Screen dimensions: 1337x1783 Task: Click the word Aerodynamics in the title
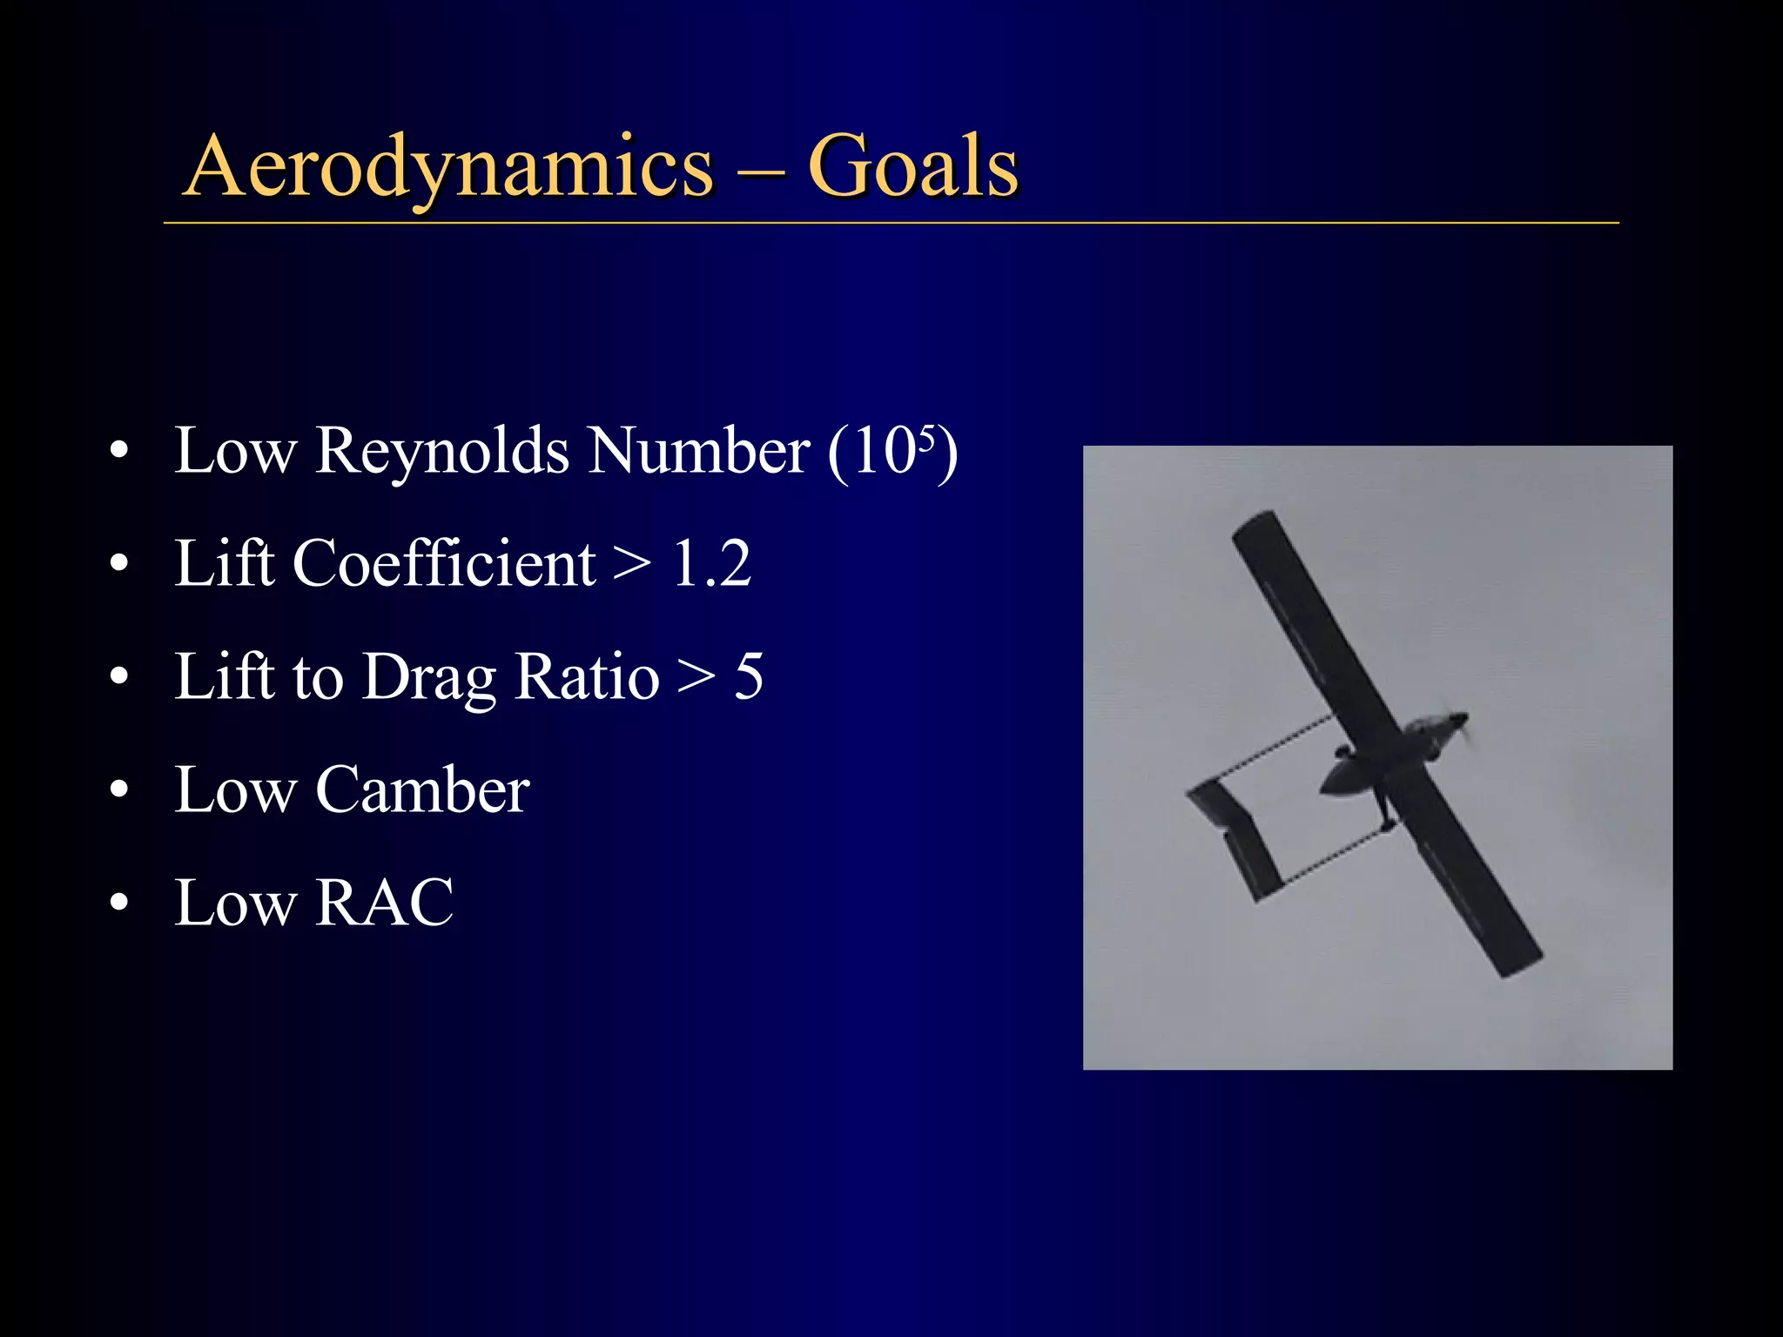(449, 167)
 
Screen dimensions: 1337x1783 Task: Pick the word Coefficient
(443, 564)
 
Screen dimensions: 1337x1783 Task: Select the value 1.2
(711, 564)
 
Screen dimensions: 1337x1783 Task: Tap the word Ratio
(588, 677)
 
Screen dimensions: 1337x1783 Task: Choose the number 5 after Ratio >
(749, 676)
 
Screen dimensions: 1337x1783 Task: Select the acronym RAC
(384, 903)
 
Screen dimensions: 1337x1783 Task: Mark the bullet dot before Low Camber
(119, 790)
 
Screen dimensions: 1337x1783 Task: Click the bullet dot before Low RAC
(119, 903)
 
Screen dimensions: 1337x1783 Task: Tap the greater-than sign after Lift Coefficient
(631, 564)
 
